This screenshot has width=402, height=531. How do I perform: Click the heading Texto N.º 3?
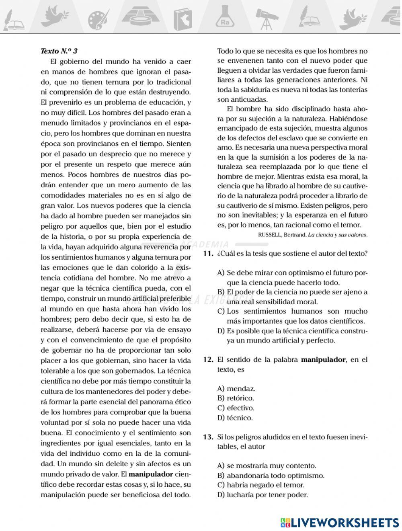tap(59, 51)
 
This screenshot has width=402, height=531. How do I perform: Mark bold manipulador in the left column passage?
tap(151, 474)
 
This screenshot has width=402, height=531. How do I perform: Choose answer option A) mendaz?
tap(236, 389)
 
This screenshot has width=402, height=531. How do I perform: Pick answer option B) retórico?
tap(236, 398)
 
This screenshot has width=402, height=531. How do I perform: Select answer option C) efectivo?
tap(236, 408)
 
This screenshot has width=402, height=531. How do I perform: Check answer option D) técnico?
tap(235, 418)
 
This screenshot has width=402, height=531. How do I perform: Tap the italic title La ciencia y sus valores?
tap(337, 235)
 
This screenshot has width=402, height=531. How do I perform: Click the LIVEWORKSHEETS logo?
tap(340, 522)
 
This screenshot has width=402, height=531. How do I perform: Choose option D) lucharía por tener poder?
tap(263, 495)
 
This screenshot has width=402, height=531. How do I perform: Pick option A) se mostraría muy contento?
tap(267, 466)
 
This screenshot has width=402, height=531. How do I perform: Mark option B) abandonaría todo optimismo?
tap(271, 476)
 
